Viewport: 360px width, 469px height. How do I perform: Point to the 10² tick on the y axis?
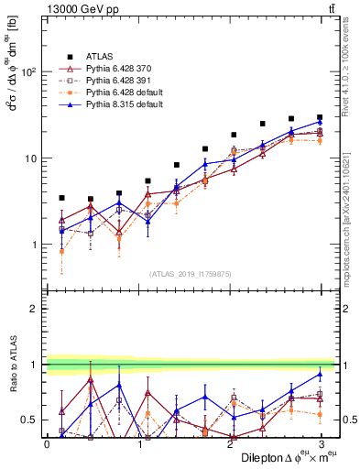[28, 72]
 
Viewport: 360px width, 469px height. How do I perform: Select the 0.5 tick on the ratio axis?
[30, 420]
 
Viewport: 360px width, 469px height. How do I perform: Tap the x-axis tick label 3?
[321, 443]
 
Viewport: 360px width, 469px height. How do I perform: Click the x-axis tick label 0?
[47, 443]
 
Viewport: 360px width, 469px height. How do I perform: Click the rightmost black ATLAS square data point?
[321, 117]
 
